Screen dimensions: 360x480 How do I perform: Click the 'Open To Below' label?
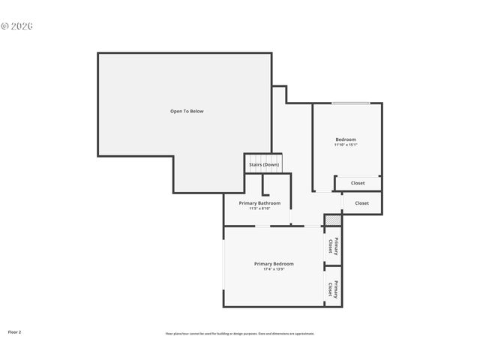[186, 111]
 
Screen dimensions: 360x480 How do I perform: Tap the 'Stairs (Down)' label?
[264, 165]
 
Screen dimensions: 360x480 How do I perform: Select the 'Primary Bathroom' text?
[259, 203]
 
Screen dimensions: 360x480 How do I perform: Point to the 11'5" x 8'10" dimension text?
[259, 208]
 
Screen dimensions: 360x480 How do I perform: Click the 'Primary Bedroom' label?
[274, 264]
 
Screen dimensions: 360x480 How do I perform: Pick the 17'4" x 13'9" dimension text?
[274, 269]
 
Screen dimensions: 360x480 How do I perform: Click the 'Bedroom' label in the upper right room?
[346, 139]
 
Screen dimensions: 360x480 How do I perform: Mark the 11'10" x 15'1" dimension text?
[346, 145]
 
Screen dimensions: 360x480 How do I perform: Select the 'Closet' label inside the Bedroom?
[358, 183]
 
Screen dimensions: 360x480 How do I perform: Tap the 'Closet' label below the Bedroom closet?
[361, 202]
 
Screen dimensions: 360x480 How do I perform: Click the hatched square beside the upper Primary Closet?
[332, 220]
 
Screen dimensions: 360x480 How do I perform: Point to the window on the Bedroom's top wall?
[351, 103]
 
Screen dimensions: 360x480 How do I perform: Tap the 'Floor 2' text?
[14, 331]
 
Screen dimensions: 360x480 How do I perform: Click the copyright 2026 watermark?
[16, 25]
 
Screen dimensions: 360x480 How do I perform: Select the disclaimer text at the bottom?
[240, 334]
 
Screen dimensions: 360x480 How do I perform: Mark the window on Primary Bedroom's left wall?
[223, 266]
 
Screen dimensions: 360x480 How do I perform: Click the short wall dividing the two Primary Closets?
[327, 265]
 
